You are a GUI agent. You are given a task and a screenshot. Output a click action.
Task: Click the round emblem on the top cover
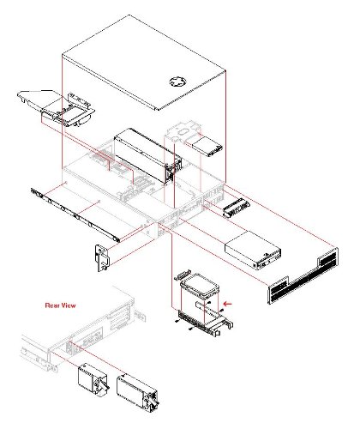pos(177,82)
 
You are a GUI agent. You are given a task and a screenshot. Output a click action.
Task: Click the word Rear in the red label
pos(52,305)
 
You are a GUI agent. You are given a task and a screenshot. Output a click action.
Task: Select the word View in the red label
pos(69,305)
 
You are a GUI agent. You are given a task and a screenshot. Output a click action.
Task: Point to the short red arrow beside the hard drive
pos(228,304)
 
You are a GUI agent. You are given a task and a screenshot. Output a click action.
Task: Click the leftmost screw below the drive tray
pos(177,322)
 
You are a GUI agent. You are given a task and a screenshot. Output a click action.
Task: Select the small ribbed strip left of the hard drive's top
pos(183,275)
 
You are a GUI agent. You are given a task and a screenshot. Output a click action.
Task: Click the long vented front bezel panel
pos(303,275)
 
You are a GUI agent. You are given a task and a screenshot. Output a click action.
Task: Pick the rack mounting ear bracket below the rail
pos(102,258)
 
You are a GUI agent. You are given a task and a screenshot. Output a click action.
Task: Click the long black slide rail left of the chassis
pos(75,215)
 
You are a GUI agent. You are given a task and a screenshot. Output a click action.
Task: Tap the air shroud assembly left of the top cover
pos(57,107)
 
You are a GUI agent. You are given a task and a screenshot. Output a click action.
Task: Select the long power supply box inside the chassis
pos(147,155)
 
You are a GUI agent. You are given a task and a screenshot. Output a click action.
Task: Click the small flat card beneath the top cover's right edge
pos(208,147)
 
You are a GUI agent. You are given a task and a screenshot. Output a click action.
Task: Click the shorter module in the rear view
pos(93,380)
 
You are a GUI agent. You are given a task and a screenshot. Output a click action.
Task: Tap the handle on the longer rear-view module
pos(153,402)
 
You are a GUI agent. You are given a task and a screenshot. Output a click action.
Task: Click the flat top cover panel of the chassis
pos(144,63)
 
